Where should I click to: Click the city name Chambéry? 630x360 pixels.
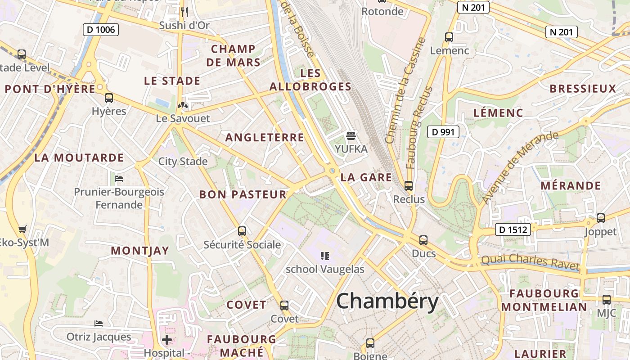pyautogui.click(x=387, y=301)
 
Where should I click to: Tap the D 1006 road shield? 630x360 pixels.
pyautogui.click(x=101, y=30)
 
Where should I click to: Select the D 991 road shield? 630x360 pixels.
pyautogui.click(x=443, y=132)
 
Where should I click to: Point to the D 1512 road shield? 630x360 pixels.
pyautogui.click(x=513, y=229)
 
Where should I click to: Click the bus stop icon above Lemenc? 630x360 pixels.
pyautogui.click(x=449, y=37)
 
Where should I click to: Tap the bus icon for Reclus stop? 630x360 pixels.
pyautogui.click(x=409, y=185)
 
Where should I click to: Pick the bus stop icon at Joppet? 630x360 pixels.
pyautogui.click(x=600, y=218)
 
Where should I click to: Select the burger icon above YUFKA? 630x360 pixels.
pyautogui.click(x=351, y=135)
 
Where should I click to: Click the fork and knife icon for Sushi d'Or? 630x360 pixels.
pyautogui.click(x=184, y=12)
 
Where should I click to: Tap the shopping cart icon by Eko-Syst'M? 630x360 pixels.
pyautogui.click(x=22, y=229)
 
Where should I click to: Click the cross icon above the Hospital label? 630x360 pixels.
pyautogui.click(x=167, y=339)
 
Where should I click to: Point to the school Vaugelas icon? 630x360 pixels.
pyautogui.click(x=325, y=256)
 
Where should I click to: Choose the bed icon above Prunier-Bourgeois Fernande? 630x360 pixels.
pyautogui.click(x=119, y=179)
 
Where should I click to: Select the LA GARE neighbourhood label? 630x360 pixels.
pyautogui.click(x=366, y=177)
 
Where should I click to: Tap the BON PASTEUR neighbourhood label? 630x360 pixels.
pyautogui.click(x=243, y=194)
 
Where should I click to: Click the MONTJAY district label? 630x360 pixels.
pyautogui.click(x=140, y=251)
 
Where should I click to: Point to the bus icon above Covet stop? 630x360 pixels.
pyautogui.click(x=284, y=306)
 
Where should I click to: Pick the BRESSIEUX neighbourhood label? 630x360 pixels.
pyautogui.click(x=582, y=89)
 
